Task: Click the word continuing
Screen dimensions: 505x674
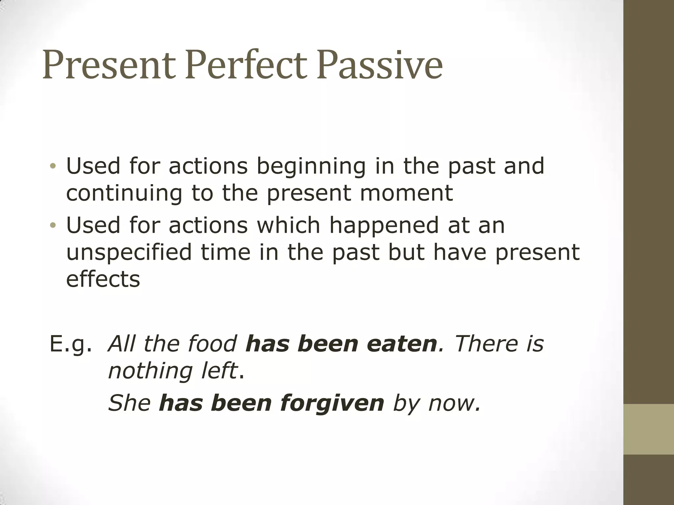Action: point(124,193)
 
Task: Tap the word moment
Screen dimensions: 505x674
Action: point(406,193)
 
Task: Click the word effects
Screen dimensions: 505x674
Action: point(103,279)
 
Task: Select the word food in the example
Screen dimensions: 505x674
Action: point(212,344)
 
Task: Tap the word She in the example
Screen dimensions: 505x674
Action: point(129,403)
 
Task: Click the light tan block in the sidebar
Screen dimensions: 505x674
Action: point(649,429)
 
